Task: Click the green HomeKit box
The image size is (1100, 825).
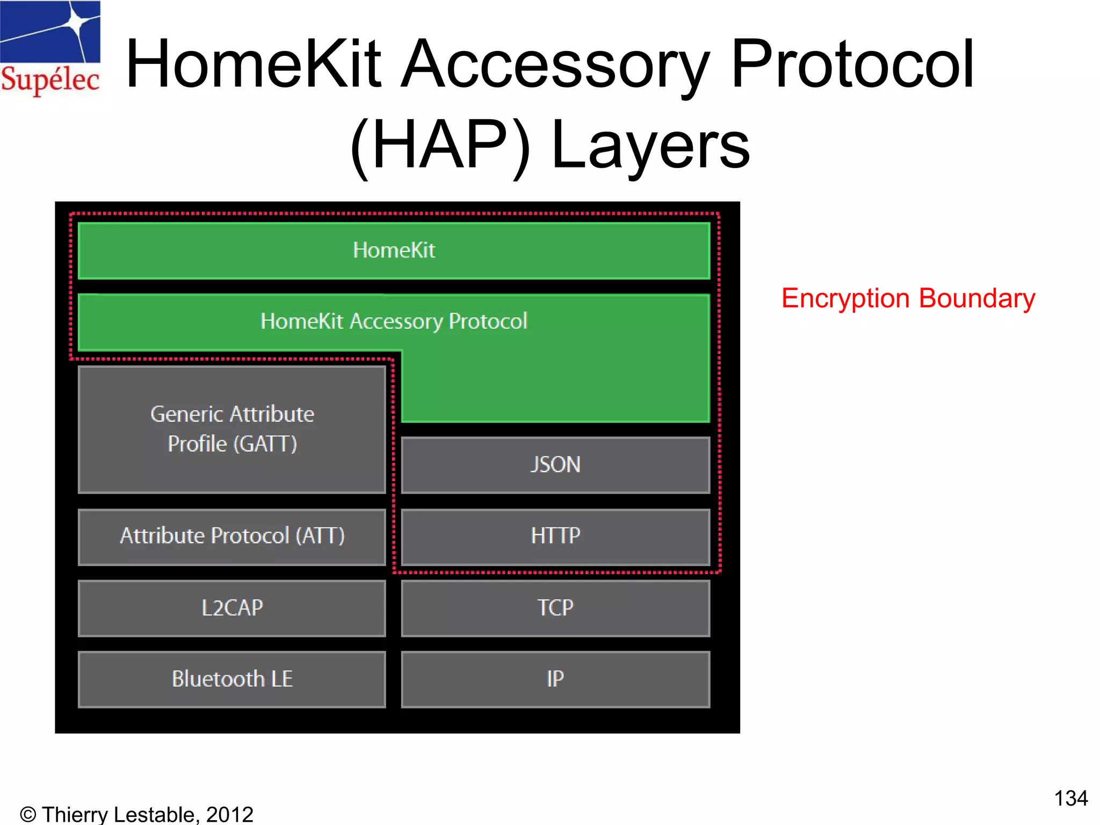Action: (x=394, y=251)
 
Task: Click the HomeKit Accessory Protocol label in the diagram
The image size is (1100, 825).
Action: (x=394, y=321)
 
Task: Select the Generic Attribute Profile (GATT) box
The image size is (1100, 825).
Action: (x=232, y=429)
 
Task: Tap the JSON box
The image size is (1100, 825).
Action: (x=555, y=465)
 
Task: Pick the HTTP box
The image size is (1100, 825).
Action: (x=555, y=536)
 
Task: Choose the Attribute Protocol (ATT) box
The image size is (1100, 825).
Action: (x=232, y=536)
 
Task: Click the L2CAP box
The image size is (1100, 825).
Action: (x=232, y=608)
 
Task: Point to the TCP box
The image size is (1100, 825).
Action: (x=555, y=608)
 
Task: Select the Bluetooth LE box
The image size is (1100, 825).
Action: (x=232, y=679)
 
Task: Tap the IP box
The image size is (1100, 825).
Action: (x=555, y=679)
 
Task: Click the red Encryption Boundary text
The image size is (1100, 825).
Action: (x=908, y=299)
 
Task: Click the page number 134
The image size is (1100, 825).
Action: (x=1070, y=798)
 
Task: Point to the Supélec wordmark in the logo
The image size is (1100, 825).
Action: (x=50, y=81)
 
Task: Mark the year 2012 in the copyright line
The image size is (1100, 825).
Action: (x=230, y=814)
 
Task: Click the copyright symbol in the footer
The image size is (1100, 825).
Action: (x=28, y=815)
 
